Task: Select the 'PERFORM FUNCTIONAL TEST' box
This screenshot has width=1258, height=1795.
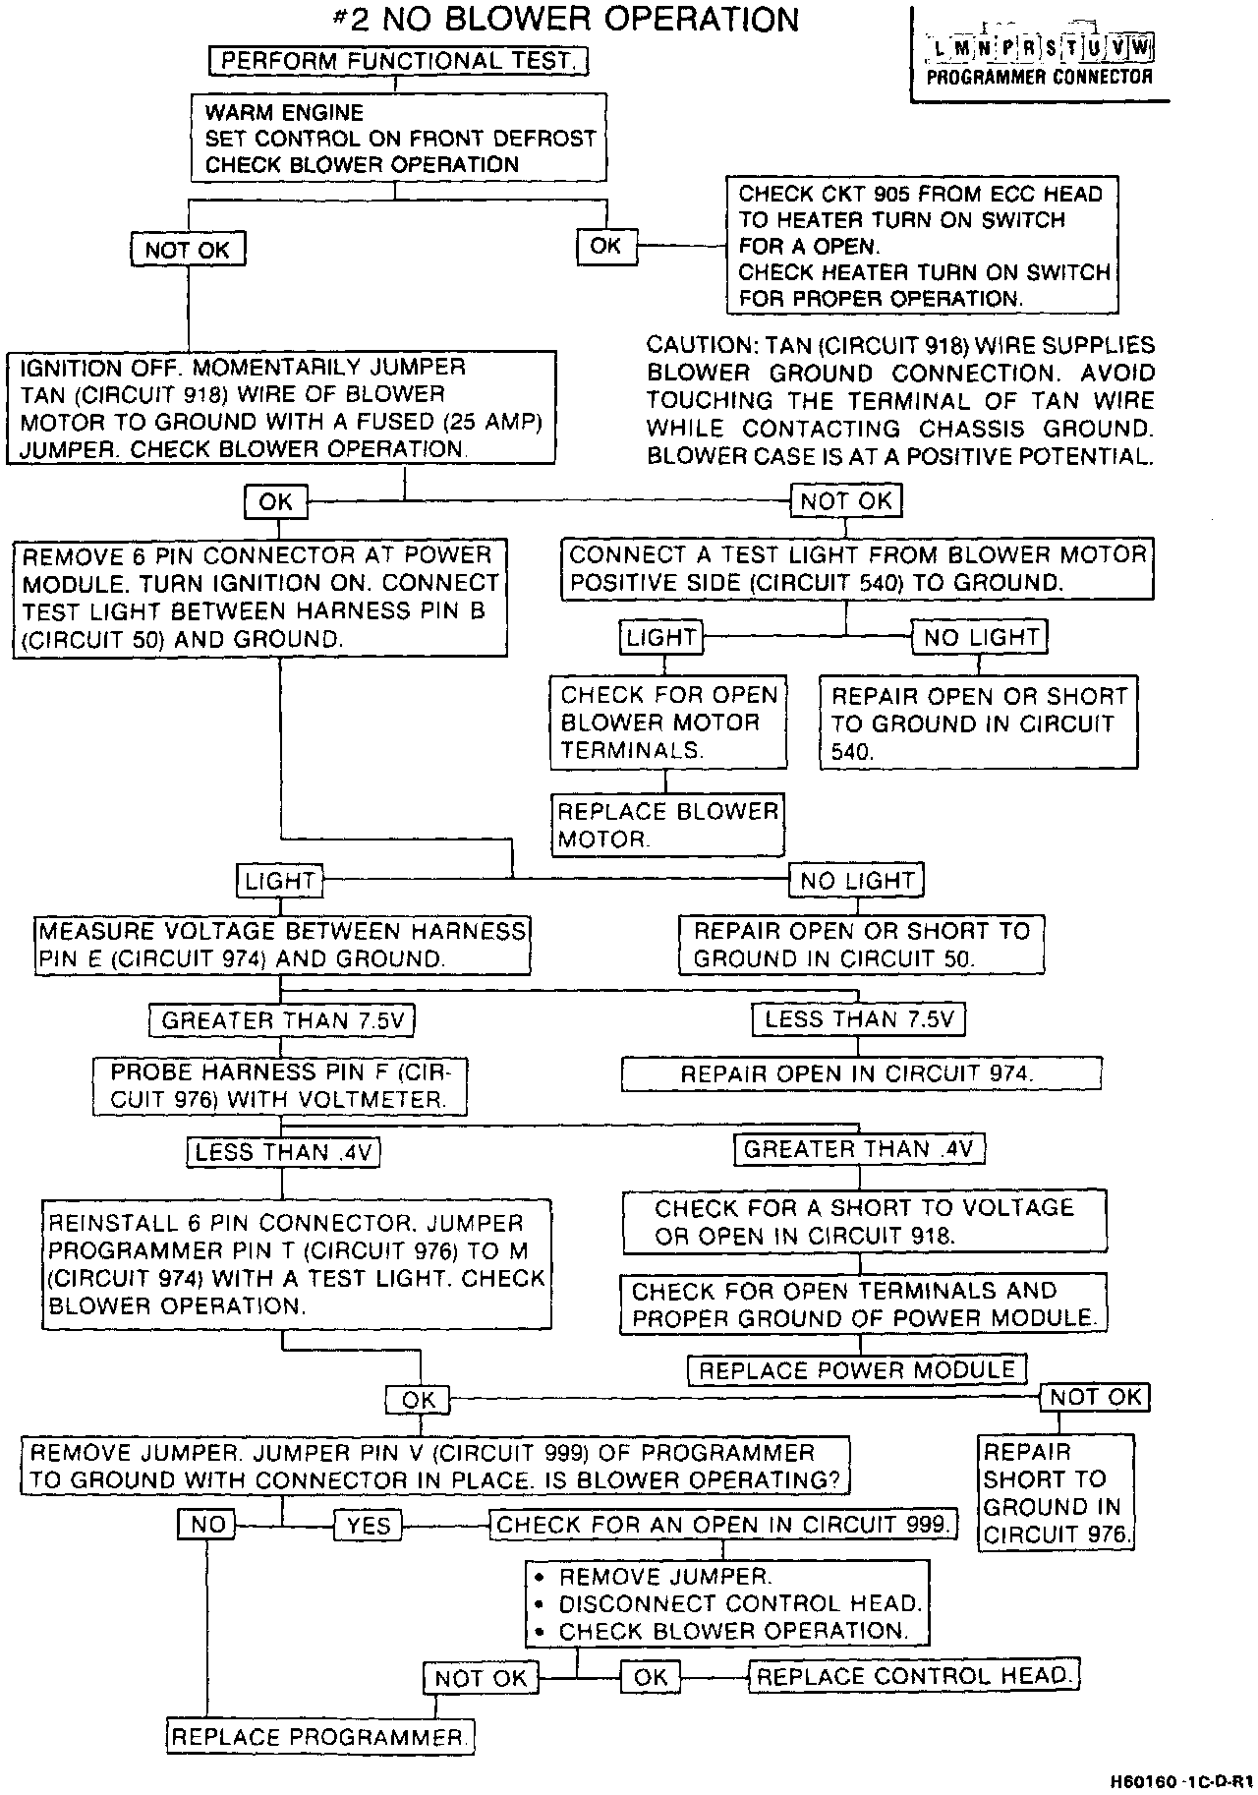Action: tap(398, 61)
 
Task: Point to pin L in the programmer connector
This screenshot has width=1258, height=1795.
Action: tap(940, 47)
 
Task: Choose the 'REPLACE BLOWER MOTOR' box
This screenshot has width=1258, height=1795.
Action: tap(667, 825)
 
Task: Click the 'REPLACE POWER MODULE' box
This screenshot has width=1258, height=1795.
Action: tap(857, 1369)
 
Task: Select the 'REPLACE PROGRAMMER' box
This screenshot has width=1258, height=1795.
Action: tap(320, 1737)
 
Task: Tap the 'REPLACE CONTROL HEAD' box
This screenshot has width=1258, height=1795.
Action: tap(914, 1676)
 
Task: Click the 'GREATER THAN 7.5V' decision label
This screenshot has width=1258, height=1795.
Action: tap(282, 1020)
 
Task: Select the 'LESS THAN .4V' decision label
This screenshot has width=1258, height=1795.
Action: tap(284, 1152)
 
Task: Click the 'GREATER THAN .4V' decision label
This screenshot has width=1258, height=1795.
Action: tap(858, 1149)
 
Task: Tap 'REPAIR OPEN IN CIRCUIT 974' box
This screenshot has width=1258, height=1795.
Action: tap(860, 1073)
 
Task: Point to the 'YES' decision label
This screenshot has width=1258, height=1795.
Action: tap(369, 1525)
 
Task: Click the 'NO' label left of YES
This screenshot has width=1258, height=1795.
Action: tap(207, 1525)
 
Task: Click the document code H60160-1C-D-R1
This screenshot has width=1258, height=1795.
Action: tap(1179, 1781)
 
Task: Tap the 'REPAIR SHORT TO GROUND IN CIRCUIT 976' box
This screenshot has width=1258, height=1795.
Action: tap(1057, 1492)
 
